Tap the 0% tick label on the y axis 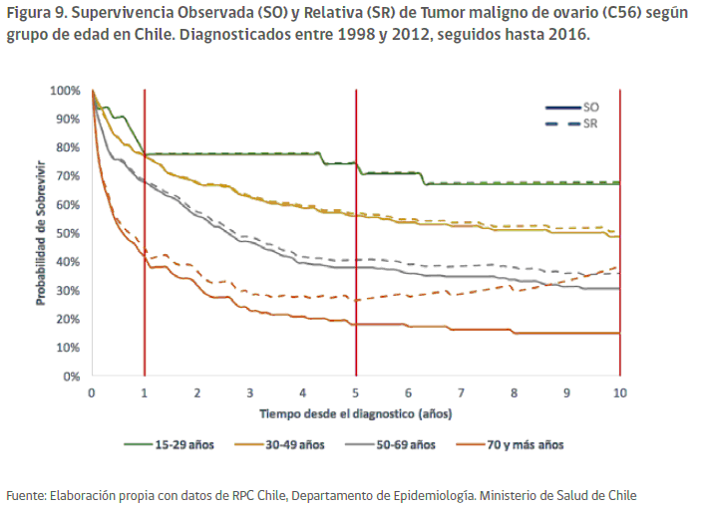[x=72, y=377]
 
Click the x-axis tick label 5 [x=356, y=392]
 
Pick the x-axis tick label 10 [x=620, y=392]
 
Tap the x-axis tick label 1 [x=145, y=392]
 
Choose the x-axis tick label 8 [x=515, y=392]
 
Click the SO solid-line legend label [x=591, y=106]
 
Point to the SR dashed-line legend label [x=591, y=123]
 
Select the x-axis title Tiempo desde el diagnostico [x=355, y=411]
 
